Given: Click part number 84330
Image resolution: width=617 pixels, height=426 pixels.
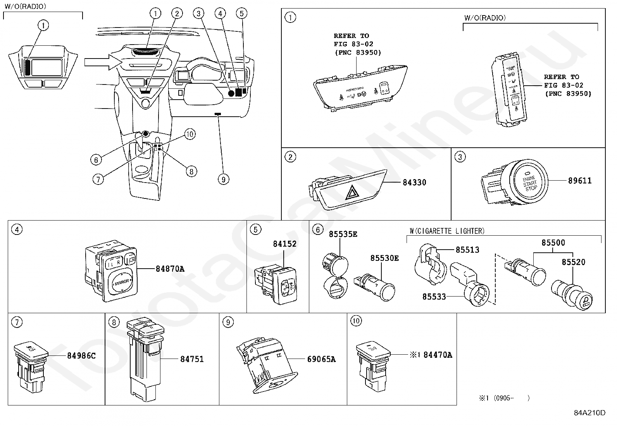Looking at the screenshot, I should coord(414,182).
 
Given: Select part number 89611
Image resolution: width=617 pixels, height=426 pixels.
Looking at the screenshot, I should coord(580,181).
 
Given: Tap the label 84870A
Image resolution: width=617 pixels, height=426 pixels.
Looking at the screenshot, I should coord(170,268).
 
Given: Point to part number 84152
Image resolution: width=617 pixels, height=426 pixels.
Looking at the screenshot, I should coord(284,244).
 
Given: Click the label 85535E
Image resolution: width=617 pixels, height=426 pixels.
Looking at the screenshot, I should coord(343,234).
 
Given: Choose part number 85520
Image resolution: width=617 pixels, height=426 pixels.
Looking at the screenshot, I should coord(573,262).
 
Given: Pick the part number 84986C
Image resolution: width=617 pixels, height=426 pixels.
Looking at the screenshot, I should coord(81,355).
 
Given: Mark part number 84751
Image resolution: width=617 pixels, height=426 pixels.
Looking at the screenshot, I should coord(192,359).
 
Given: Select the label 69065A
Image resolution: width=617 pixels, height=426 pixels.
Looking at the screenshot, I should coord(321,359).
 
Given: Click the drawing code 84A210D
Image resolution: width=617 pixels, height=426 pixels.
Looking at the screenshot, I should coord(589,413).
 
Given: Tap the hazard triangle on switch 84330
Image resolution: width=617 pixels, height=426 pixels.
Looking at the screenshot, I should coord(352,192).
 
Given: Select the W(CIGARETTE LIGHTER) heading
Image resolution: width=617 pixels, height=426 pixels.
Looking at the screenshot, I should coord(447,231).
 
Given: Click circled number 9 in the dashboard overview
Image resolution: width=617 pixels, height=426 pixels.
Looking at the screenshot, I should coord(223,179).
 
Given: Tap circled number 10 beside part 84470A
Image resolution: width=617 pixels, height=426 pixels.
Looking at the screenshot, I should coord(355,321).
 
